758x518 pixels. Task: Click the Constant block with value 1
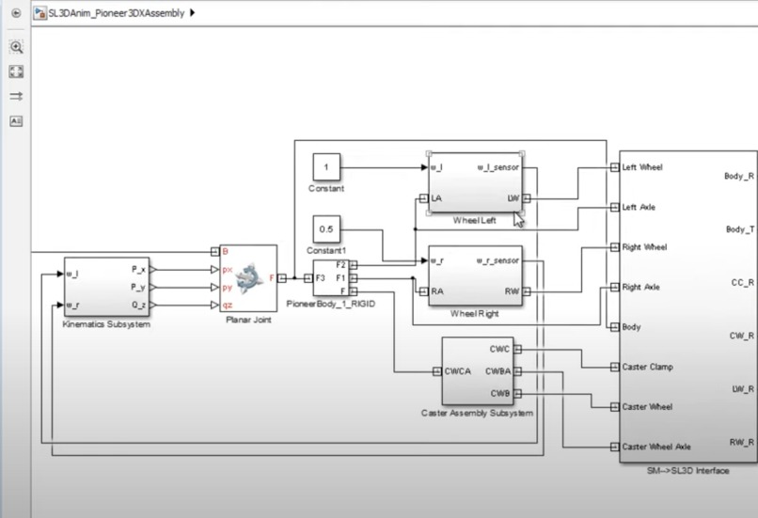point(326,167)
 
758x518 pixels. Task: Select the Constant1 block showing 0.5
point(326,229)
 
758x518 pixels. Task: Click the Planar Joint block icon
point(248,276)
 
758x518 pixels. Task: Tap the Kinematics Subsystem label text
point(107,324)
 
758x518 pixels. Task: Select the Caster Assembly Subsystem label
point(478,413)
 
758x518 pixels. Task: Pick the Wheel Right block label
point(475,313)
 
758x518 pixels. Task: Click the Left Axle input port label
point(640,207)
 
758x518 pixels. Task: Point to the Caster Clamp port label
point(647,367)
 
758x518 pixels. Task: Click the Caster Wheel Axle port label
point(656,447)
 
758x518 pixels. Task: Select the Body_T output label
point(738,229)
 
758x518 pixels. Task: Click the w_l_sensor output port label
point(497,168)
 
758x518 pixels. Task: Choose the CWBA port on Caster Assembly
point(499,370)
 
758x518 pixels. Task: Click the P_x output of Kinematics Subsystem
point(138,268)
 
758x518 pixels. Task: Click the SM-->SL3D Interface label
point(687,469)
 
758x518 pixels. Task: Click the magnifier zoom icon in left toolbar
point(16,47)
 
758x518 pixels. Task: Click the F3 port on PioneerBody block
point(321,278)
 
